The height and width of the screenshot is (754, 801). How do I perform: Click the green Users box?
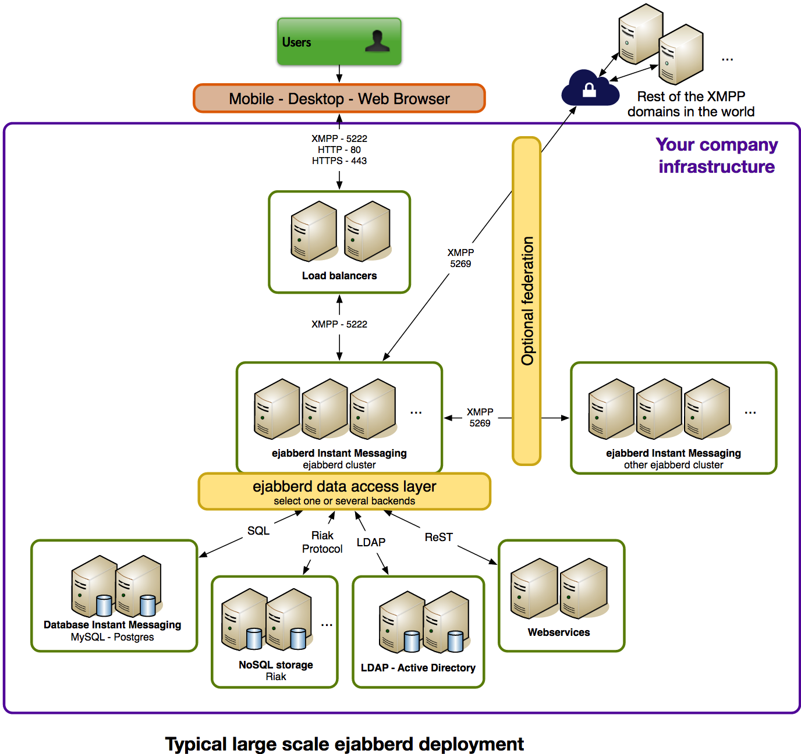tap(339, 42)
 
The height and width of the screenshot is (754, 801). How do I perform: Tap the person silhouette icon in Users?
tap(377, 41)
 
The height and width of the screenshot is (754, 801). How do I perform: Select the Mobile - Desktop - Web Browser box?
tap(339, 98)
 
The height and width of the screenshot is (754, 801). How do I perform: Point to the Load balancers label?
tap(339, 276)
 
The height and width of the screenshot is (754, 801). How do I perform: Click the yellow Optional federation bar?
tap(527, 301)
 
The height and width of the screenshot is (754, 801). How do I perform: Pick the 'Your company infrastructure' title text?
tap(717, 155)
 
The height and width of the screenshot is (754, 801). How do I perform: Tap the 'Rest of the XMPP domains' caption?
tap(691, 104)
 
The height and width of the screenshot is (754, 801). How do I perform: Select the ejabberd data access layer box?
tap(344, 492)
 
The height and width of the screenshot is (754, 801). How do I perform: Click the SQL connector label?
tap(258, 531)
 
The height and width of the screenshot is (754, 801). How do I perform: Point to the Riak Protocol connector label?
tap(322, 542)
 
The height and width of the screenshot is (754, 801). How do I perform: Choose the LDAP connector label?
tap(371, 542)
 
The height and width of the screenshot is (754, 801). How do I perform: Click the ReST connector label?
tap(438, 537)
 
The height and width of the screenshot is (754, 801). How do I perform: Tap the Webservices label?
tap(559, 632)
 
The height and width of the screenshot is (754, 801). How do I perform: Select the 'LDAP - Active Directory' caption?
tap(418, 668)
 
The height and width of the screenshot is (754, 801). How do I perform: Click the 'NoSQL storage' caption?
tap(276, 665)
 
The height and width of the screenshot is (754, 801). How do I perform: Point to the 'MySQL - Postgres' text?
tap(112, 637)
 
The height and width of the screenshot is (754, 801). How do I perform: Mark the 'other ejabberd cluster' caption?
tap(674, 465)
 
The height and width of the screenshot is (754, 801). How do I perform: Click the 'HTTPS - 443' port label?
tap(339, 161)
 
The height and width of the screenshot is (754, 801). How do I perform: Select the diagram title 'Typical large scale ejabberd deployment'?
tap(345, 744)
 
